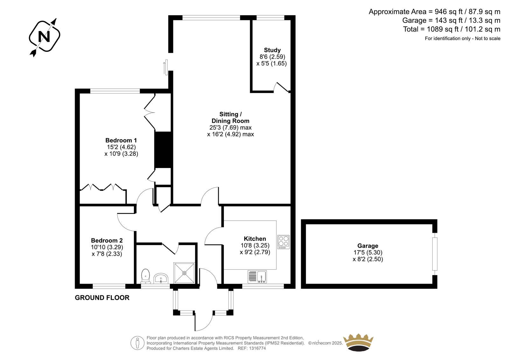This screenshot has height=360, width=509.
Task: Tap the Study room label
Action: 272,50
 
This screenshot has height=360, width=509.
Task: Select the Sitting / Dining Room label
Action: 230,117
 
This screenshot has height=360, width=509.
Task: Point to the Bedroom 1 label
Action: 121,140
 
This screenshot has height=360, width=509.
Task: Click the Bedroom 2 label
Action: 107,240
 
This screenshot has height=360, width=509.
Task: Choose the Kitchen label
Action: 255,238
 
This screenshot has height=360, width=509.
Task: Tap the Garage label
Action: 368,246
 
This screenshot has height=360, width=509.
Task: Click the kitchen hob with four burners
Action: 283,242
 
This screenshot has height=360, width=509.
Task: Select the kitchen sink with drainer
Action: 257,277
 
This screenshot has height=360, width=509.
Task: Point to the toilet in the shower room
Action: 145,276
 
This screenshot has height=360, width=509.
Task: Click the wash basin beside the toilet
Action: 161,279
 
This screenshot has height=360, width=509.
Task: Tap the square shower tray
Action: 184,273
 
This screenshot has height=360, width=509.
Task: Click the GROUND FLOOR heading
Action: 102,298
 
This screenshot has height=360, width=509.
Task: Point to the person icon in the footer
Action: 137,343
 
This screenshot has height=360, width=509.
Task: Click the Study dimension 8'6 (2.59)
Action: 272,57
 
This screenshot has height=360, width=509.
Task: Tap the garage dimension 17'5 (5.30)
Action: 368,252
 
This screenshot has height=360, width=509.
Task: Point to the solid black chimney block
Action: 163,150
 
